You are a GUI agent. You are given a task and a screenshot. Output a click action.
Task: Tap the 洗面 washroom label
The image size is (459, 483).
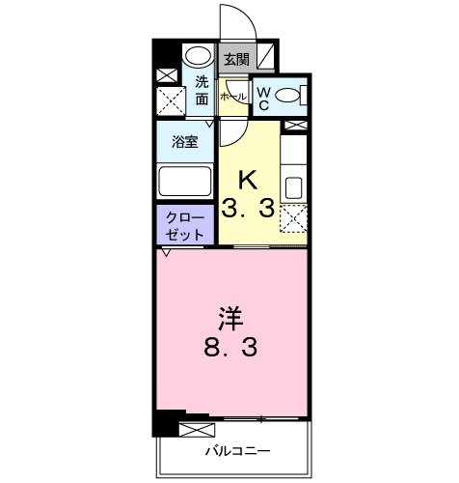[x=202, y=90]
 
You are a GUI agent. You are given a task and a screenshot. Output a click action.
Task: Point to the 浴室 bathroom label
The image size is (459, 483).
[x=185, y=141]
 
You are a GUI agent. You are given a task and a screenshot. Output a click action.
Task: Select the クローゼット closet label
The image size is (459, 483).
[x=184, y=226]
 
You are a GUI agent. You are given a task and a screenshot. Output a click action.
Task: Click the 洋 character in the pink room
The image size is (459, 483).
[x=228, y=316]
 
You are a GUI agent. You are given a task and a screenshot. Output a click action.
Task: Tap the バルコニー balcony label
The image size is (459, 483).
[x=236, y=450]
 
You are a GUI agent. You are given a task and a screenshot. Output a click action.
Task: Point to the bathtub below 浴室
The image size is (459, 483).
[x=185, y=181]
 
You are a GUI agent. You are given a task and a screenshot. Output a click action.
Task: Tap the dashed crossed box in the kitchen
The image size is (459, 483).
[x=294, y=221]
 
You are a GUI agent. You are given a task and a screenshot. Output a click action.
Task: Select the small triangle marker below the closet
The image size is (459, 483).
[x=166, y=252]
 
